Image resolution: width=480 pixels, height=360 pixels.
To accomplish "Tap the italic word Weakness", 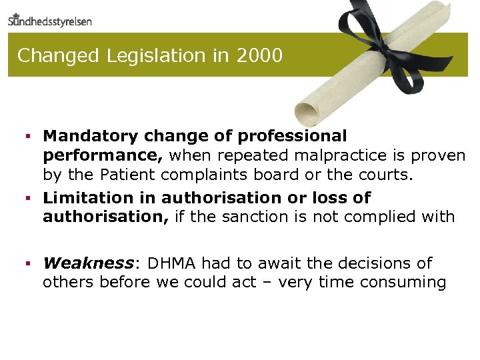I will coord(88,263).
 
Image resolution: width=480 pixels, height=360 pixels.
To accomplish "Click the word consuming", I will coord(403,282).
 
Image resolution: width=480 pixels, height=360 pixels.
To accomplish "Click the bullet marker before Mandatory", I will coord(29,137).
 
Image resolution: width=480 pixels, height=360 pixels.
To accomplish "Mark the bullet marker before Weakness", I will coord(29,264).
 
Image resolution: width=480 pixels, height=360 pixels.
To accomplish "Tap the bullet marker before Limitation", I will coord(29,199).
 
